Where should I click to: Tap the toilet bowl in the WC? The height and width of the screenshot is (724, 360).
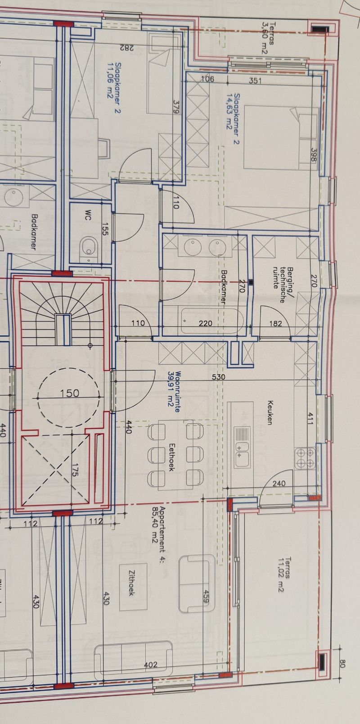89,248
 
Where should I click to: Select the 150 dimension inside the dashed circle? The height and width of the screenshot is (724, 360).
69,393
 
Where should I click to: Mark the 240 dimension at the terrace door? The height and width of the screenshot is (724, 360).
279,484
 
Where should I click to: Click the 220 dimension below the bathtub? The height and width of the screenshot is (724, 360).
205,323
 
